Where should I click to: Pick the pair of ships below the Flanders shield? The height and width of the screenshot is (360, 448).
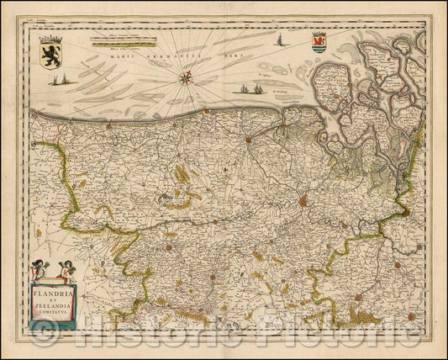58,80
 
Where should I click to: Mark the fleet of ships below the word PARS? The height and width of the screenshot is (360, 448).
247,88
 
